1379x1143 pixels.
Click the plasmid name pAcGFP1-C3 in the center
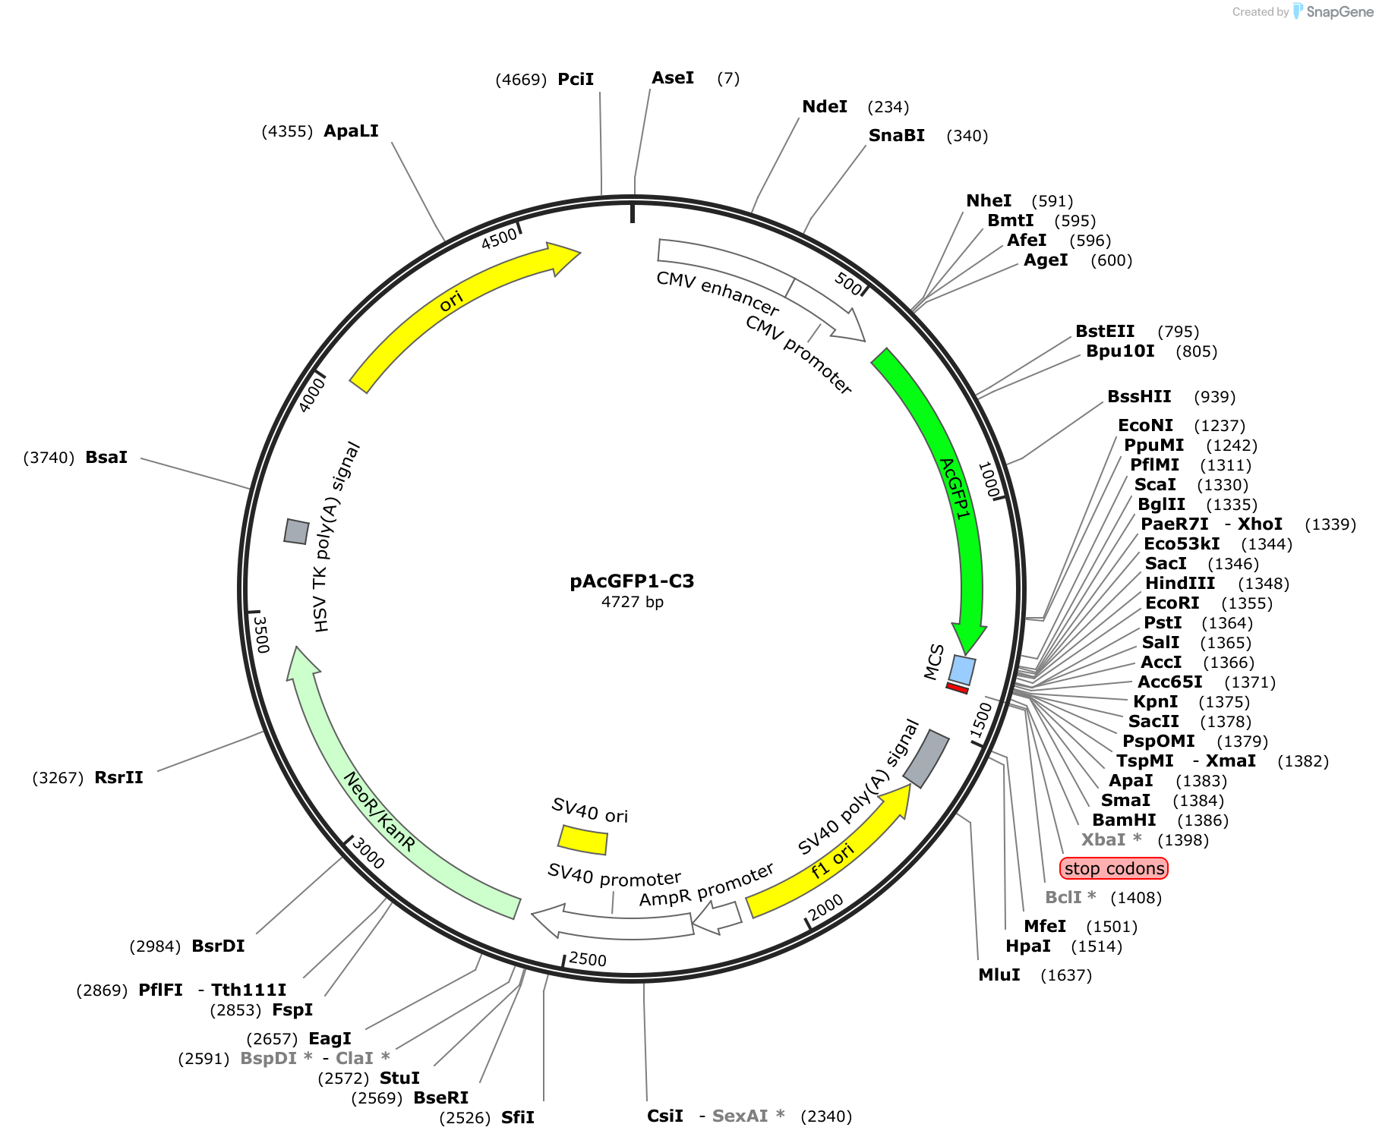(x=632, y=581)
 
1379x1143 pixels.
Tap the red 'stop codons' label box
(x=1114, y=868)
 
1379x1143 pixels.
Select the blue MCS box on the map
(x=963, y=670)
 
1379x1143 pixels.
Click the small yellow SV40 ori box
(x=583, y=840)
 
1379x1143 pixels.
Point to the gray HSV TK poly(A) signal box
(x=296, y=531)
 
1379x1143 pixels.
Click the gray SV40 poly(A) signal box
(x=926, y=758)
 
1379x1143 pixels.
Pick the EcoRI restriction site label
(x=1172, y=603)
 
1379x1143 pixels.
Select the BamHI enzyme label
(x=1124, y=820)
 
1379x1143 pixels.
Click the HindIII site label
(x=1180, y=584)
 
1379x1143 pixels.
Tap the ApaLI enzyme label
(x=351, y=131)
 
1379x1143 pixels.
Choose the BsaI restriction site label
(x=106, y=457)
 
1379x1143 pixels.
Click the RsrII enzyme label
(x=118, y=778)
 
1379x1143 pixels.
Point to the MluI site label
(x=999, y=975)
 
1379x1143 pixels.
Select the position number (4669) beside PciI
(x=521, y=80)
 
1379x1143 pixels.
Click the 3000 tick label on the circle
(x=368, y=854)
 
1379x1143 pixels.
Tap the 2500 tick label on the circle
(x=588, y=959)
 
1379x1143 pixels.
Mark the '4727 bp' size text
(x=633, y=602)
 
